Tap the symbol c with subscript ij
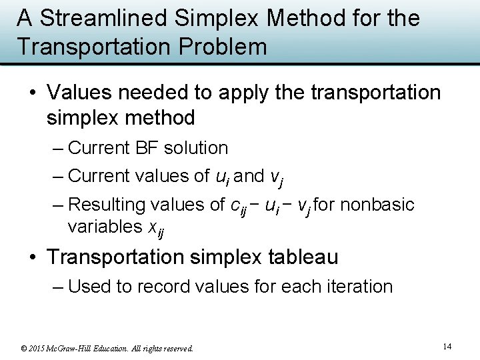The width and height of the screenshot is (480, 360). point(238,206)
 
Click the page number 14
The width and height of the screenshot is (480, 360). point(447,346)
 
